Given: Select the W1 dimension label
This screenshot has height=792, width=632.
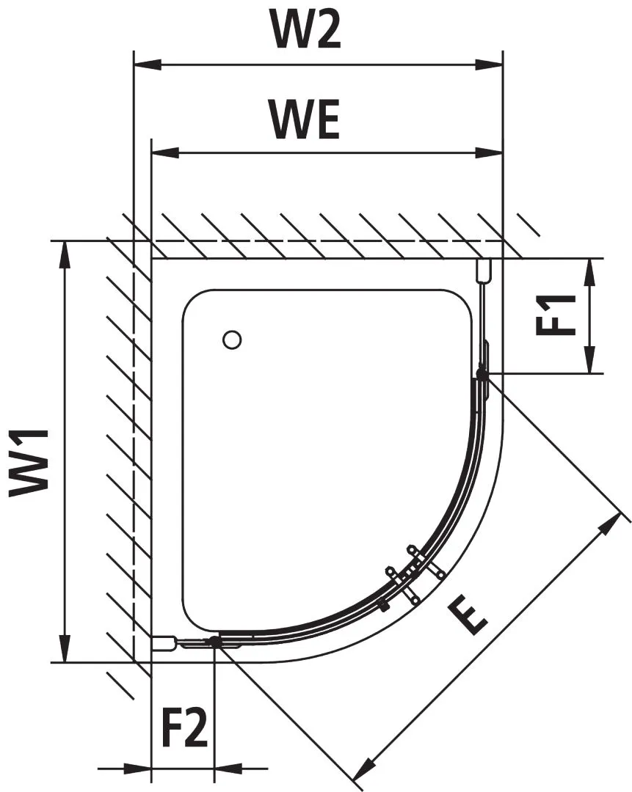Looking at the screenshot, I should tap(29, 463).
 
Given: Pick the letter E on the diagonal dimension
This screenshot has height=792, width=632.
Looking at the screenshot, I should tap(468, 615).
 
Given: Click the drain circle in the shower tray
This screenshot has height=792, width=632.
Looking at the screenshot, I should tap(232, 340).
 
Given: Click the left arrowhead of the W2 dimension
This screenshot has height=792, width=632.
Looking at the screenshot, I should tap(145, 65).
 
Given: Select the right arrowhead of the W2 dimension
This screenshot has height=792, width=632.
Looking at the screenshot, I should tap(490, 65).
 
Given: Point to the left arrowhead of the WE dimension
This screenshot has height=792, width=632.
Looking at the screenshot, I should tap(164, 153).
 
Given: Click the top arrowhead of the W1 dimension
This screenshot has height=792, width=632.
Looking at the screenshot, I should tap(66, 254).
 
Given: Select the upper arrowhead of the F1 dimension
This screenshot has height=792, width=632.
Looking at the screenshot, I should tap(589, 271).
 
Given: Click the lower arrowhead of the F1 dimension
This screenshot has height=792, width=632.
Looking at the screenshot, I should tap(589, 362).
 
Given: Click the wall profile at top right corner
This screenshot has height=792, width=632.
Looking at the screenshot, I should tap(483, 271).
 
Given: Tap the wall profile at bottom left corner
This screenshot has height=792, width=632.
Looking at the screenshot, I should tap(164, 643).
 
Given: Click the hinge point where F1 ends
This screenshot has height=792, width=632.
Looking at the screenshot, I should tap(482, 374).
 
